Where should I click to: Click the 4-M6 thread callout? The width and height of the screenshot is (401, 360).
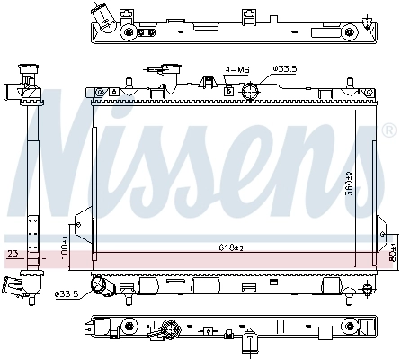click(236, 68)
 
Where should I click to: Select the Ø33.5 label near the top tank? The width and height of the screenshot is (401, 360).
click(284, 68)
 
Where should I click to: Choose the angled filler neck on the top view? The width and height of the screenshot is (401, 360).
click(103, 21)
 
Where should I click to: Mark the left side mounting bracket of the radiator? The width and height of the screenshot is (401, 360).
click(84, 227)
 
